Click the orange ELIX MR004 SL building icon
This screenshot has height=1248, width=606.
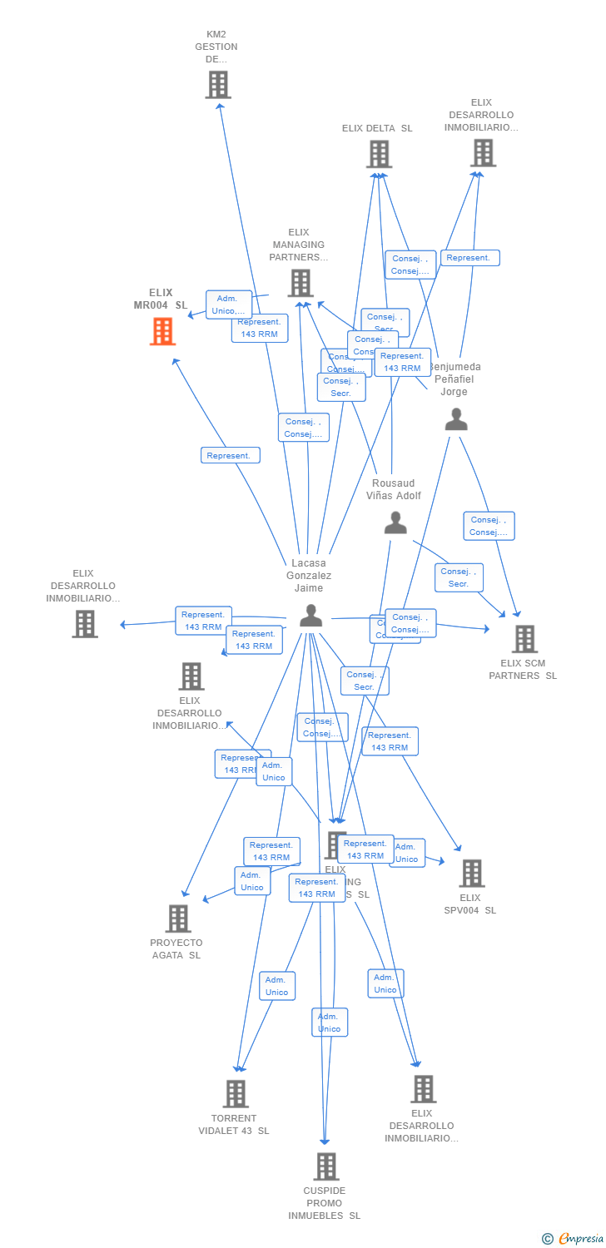(x=163, y=331)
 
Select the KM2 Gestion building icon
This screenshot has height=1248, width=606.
(x=218, y=85)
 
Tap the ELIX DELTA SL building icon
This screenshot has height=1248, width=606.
(x=379, y=154)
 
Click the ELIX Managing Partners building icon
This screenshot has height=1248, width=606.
(x=301, y=283)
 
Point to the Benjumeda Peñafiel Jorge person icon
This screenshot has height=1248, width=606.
(x=456, y=419)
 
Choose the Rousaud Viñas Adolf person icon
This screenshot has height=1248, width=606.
(x=395, y=522)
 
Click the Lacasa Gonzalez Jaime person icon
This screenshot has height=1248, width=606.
(x=310, y=616)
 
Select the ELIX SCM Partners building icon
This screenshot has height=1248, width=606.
(x=524, y=639)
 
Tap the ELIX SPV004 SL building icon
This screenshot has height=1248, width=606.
(x=472, y=874)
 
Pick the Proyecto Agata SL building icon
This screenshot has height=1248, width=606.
(x=178, y=919)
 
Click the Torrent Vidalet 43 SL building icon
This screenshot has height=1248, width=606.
(x=236, y=1093)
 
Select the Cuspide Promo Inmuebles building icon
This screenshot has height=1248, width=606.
(x=326, y=1166)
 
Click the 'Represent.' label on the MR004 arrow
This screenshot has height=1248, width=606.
(x=230, y=455)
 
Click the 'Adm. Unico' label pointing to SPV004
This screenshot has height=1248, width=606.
(x=406, y=853)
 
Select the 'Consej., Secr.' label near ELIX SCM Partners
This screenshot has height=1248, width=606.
(x=459, y=577)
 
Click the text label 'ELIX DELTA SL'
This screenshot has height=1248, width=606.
(x=377, y=128)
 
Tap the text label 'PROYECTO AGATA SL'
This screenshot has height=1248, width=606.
(x=176, y=948)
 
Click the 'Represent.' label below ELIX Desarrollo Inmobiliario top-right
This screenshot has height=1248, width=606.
(x=469, y=258)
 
